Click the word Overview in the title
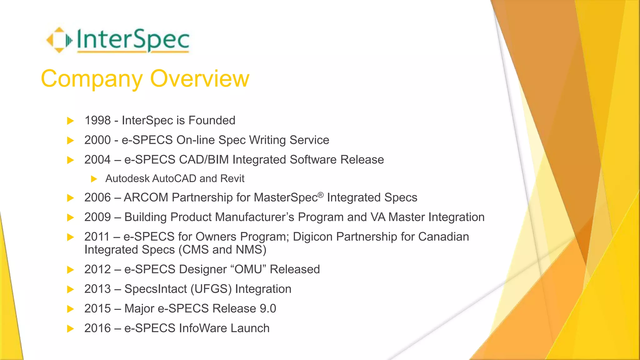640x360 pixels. (x=200, y=78)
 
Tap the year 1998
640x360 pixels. (x=98, y=120)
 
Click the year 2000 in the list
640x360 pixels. (x=97, y=140)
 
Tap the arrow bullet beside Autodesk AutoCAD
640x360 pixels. (x=94, y=179)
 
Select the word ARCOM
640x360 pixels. (x=146, y=197)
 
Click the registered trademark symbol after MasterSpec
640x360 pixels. (x=321, y=195)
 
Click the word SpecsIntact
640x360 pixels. (x=156, y=289)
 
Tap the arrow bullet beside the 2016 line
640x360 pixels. (x=71, y=328)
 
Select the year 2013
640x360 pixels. (x=97, y=289)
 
